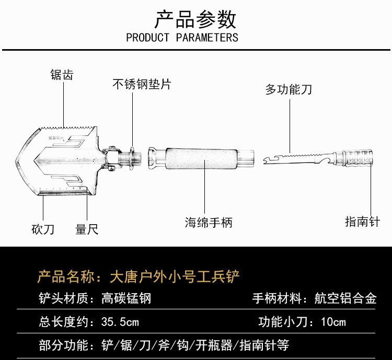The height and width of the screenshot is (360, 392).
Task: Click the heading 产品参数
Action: (x=195, y=19)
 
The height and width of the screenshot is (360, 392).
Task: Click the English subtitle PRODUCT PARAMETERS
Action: (x=182, y=38)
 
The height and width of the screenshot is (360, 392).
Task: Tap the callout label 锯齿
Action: (x=62, y=75)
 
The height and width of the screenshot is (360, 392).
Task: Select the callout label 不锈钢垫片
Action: (x=142, y=84)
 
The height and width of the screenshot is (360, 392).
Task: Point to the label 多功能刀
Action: (x=289, y=89)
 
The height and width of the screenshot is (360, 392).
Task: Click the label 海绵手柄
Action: (x=209, y=222)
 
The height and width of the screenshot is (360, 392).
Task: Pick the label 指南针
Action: (x=363, y=222)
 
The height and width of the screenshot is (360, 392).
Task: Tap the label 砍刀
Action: (x=43, y=229)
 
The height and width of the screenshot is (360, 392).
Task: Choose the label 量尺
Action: (x=87, y=229)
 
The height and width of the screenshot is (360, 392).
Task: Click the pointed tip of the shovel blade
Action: (x=16, y=161)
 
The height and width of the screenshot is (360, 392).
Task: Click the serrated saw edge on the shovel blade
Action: (x=68, y=127)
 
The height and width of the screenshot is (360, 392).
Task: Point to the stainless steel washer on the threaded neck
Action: (x=132, y=158)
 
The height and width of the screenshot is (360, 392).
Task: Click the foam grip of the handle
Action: (x=201, y=158)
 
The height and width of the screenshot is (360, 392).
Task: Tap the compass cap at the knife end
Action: (x=358, y=158)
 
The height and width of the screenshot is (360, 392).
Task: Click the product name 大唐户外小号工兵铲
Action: (x=175, y=276)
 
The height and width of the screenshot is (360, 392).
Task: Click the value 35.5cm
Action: (x=120, y=322)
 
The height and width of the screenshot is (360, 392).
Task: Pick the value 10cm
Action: (x=333, y=322)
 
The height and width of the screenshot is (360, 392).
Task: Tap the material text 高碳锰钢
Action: (x=126, y=298)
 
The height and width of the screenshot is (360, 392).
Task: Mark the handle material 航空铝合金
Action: (x=345, y=298)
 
